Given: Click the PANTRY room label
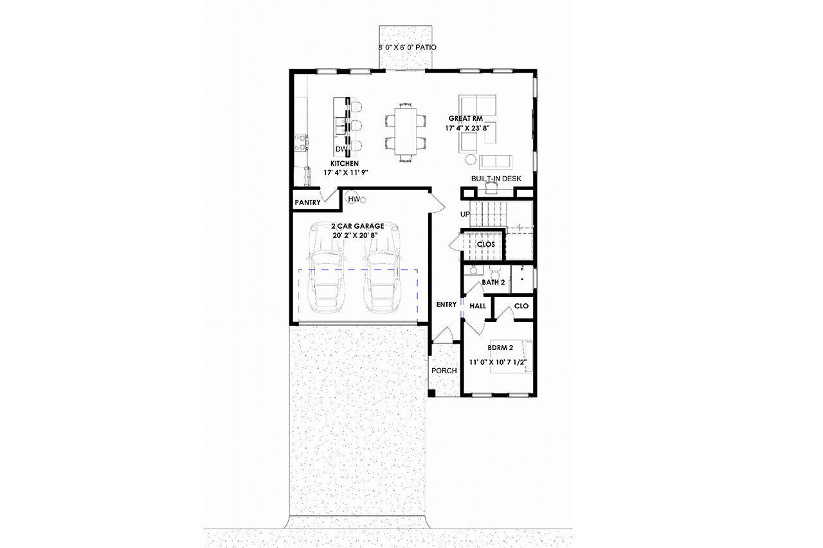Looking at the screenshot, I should point(307,202).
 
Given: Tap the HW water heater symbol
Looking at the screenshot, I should point(353,199).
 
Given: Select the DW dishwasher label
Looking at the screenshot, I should point(341,150).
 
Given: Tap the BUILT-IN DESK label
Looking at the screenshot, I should point(496,178).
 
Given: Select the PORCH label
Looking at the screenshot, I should point(444,371).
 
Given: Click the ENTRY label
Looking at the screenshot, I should point(446,305).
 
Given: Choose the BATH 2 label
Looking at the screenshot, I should point(493,283).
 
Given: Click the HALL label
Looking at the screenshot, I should point(478,306).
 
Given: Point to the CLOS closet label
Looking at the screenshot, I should point(485,245).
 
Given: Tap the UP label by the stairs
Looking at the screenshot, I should point(466,214).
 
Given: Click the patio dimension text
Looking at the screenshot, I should point(407,48).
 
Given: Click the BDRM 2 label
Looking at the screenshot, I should point(500,348).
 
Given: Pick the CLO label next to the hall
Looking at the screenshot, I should point(521,306).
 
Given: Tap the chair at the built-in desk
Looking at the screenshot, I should point(493,187).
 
